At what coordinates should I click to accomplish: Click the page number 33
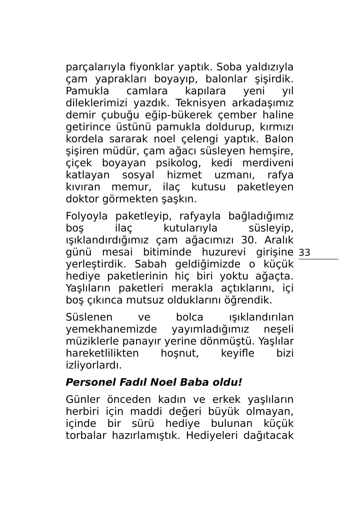(x=304, y=253)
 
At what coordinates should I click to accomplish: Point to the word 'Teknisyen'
(x=200, y=103)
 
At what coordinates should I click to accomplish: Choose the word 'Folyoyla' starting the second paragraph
(x=87, y=217)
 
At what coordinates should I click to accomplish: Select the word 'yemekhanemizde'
(x=111, y=330)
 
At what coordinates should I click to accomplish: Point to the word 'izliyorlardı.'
(x=94, y=366)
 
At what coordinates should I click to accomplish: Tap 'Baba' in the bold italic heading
(x=195, y=383)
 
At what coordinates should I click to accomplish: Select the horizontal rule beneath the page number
(x=318, y=259)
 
